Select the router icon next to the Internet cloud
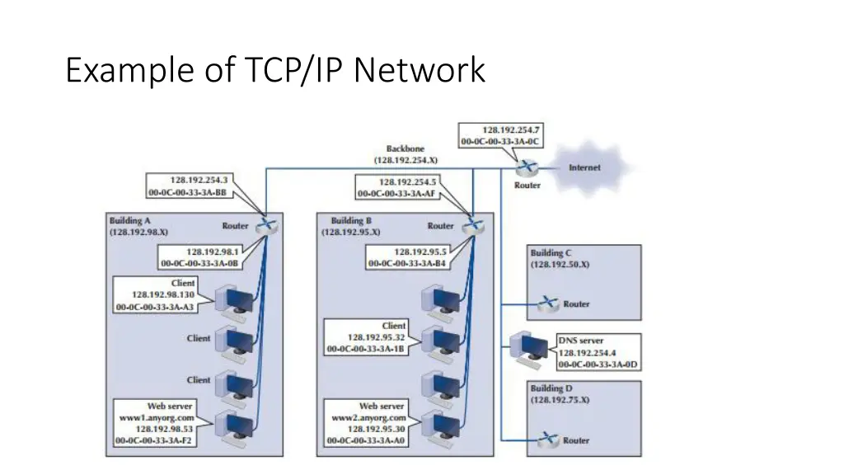click(527, 167)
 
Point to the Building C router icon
click(547, 304)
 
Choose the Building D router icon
click(547, 440)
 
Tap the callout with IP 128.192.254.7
click(500, 136)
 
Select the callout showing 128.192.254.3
click(190, 186)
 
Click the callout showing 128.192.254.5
click(396, 188)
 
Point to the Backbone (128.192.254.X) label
click(406, 154)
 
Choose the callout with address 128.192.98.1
click(202, 257)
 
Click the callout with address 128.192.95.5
click(409, 257)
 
